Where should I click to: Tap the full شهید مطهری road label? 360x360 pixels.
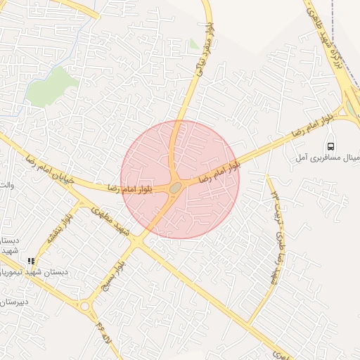[127, 230]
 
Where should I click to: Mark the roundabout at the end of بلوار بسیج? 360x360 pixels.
[86, 305]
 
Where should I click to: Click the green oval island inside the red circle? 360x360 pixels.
[175, 187]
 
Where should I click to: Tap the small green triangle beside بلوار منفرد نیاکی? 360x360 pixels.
[194, 44]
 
